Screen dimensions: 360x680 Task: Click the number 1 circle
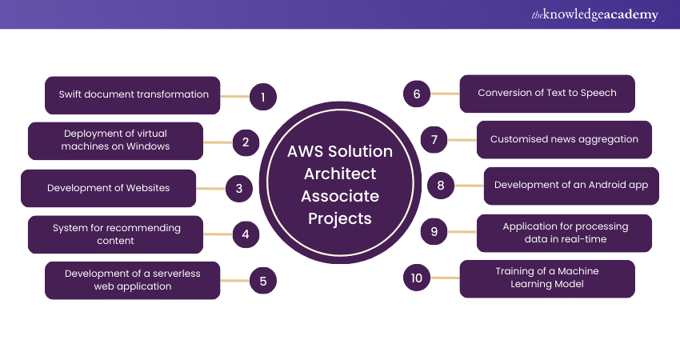(x=262, y=98)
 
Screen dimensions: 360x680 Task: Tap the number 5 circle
(x=262, y=281)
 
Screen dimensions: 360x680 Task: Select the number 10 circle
(x=416, y=278)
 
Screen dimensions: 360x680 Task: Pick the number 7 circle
(x=434, y=140)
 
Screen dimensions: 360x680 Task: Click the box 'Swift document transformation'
(x=133, y=95)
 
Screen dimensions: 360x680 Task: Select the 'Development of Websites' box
(x=109, y=189)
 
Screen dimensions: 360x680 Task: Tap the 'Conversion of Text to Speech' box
(x=547, y=93)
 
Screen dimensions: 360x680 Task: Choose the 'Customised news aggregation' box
(x=564, y=139)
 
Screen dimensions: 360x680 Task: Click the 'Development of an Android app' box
(x=571, y=186)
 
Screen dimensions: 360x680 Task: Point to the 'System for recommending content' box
(x=116, y=234)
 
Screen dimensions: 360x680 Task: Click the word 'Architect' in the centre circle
(x=340, y=174)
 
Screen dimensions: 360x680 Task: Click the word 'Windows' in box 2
(x=148, y=146)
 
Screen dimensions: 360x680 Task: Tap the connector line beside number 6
(x=445, y=94)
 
